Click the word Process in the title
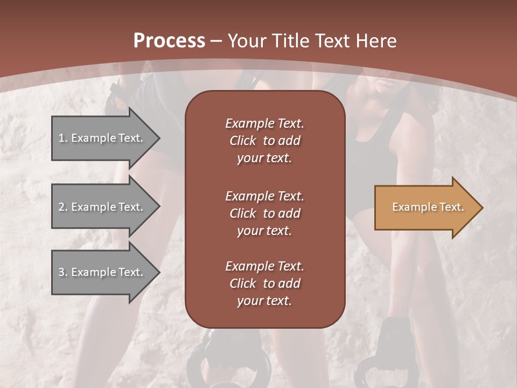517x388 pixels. tap(169, 41)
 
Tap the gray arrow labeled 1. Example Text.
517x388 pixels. tap(102, 138)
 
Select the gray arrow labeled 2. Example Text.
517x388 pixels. tap(102, 207)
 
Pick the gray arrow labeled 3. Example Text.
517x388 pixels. tap(102, 272)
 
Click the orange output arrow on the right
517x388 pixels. tap(425, 207)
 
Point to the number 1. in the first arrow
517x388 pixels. tap(63, 138)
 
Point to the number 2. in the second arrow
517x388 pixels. tap(63, 207)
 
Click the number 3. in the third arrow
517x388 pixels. tap(63, 272)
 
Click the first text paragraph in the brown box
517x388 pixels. tap(264, 141)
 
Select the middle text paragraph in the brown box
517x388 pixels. tap(264, 213)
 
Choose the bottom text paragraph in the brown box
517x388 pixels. tap(264, 283)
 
